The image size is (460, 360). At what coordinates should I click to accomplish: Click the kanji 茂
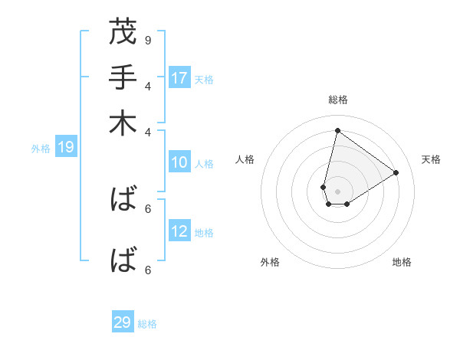pyautogui.click(x=123, y=33)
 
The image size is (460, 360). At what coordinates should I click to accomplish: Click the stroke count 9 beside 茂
pyautogui.click(x=148, y=40)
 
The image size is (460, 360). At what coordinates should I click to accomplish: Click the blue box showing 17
pyautogui.click(x=179, y=78)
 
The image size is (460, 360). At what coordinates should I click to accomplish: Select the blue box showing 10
pyautogui.click(x=179, y=162)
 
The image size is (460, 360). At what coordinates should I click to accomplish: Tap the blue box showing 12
pyautogui.click(x=179, y=231)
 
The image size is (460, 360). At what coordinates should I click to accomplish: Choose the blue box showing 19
pyautogui.click(x=65, y=148)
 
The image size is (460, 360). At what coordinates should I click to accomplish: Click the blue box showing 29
pyautogui.click(x=123, y=322)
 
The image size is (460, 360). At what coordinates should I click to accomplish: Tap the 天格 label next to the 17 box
pyautogui.click(x=204, y=79)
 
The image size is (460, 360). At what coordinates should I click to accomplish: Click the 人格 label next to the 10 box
pyautogui.click(x=204, y=163)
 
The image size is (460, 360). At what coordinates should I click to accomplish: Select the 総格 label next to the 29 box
pyautogui.click(x=147, y=324)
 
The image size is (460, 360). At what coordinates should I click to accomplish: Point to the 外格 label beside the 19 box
pyautogui.click(x=41, y=149)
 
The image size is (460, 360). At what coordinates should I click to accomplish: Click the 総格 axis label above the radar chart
pyautogui.click(x=337, y=100)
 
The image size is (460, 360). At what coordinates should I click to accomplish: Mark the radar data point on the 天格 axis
pyautogui.click(x=396, y=172)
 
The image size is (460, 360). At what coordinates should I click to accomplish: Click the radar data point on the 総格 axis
pyautogui.click(x=337, y=130)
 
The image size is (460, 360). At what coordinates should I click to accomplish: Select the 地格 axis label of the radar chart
pyautogui.click(x=402, y=263)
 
